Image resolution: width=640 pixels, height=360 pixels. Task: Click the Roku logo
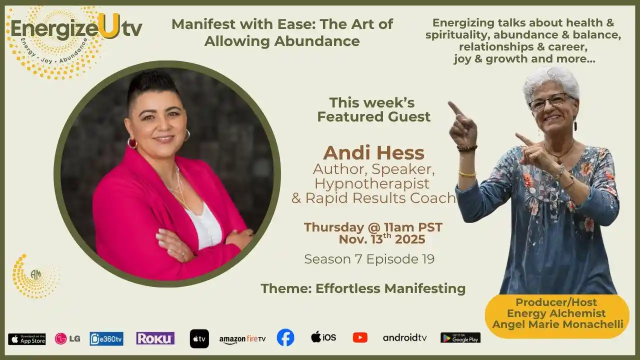tap(155, 338)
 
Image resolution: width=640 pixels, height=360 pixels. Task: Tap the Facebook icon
tap(285, 337)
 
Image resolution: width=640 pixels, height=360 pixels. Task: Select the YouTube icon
tap(360, 337)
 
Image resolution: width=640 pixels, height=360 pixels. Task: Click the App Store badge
tap(27, 339)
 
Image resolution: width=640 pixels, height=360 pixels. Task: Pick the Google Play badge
tap(460, 337)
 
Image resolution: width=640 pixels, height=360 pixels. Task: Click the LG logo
tap(67, 339)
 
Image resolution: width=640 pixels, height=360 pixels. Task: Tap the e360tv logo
tap(106, 339)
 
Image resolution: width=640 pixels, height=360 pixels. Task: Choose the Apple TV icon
tap(199, 339)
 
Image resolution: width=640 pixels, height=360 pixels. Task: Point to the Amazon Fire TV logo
tap(242, 339)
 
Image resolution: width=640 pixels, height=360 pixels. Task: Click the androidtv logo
tap(404, 337)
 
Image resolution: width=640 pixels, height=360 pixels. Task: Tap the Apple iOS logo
tap(323, 337)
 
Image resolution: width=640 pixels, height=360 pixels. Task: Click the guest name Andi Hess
tap(373, 153)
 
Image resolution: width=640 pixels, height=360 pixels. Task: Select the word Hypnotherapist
tap(371, 183)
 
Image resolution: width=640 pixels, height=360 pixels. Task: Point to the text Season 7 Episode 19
tap(369, 259)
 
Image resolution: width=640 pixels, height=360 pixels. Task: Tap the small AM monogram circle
tap(35, 274)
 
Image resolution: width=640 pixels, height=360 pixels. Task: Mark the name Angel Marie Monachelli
tap(557, 324)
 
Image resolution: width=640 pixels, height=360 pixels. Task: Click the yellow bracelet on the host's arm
tap(467, 173)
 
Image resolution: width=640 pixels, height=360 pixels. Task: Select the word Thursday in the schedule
tap(333, 227)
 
